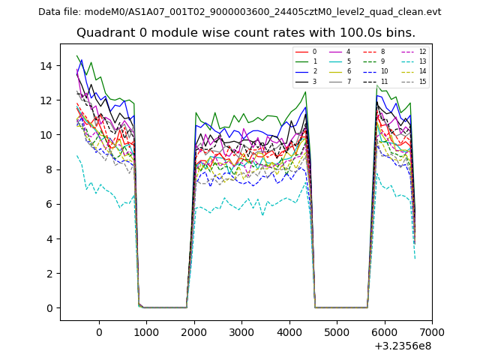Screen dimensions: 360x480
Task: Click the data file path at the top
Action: coord(239,12)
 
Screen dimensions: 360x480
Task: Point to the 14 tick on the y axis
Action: coord(51,66)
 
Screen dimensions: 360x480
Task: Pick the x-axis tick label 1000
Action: coord(146,332)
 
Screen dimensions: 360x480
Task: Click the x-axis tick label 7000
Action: coord(431,332)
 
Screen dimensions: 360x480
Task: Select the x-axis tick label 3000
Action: coord(241,332)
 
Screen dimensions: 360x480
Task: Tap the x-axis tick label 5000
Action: coord(336,332)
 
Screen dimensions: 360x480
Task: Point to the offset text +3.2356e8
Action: coord(402,346)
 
